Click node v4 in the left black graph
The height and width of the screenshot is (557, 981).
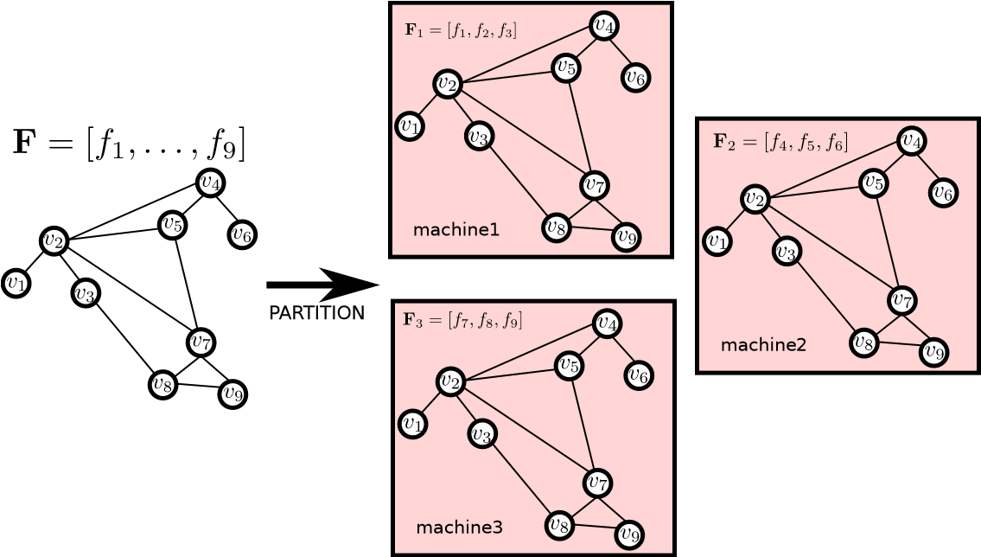pos(210,182)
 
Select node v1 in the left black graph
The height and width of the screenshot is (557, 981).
pos(16,283)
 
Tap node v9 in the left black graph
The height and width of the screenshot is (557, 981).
pos(233,394)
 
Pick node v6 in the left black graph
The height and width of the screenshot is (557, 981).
pos(242,234)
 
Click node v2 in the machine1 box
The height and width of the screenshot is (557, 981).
pos(447,84)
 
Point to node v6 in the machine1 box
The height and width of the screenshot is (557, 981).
pos(635,78)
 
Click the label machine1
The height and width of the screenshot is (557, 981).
pos(455,230)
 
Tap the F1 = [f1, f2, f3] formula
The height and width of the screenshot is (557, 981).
pos(461,31)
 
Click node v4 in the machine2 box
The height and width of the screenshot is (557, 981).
pos(912,140)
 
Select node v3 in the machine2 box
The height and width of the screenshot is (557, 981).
pos(786,252)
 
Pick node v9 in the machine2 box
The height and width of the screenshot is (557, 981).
pos(933,352)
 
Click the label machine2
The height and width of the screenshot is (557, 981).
pos(762,345)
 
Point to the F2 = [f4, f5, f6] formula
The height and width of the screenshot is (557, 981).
pos(780,142)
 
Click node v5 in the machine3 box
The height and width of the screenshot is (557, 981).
pos(568,365)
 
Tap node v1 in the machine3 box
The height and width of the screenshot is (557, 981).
pos(412,424)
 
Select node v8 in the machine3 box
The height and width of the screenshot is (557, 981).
pos(559,524)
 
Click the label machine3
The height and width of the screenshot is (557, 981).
pos(458,528)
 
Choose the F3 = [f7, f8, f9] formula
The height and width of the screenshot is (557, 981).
pos(462,320)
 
